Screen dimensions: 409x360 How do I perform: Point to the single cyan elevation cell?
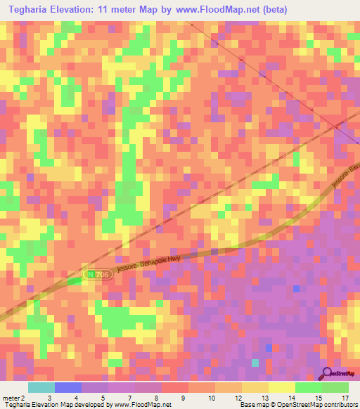tap(255, 363)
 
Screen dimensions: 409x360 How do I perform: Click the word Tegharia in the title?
tap(27, 9)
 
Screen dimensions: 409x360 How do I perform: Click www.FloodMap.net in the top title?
tap(214, 9)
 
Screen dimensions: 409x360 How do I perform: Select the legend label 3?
tap(49, 398)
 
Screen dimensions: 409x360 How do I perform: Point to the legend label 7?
tap(129, 398)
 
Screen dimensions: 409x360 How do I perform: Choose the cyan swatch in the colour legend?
tap(41, 387)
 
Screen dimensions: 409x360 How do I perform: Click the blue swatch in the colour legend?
tap(68, 387)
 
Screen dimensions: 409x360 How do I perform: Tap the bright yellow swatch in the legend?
tap(282, 387)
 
